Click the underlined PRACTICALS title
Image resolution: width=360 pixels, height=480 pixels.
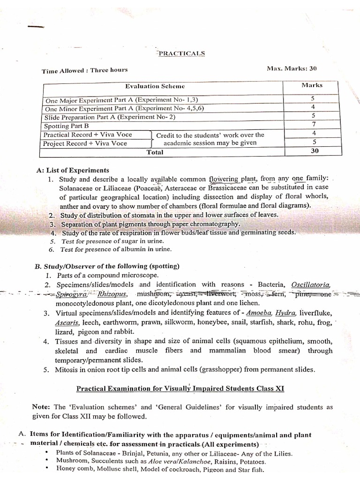click(181, 53)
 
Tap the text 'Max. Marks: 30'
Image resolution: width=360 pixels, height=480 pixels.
click(292, 68)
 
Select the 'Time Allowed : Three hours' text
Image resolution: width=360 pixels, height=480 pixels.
click(84, 71)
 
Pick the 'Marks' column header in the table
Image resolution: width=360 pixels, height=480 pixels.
click(312, 85)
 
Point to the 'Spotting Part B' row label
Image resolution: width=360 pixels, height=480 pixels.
click(66, 126)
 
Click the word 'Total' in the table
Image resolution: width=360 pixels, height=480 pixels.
click(155, 152)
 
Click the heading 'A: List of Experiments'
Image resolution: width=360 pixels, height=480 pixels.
click(72, 170)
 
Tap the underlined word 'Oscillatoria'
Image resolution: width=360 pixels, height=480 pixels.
click(311, 285)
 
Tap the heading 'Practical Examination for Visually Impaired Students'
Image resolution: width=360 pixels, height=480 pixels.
click(180, 389)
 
